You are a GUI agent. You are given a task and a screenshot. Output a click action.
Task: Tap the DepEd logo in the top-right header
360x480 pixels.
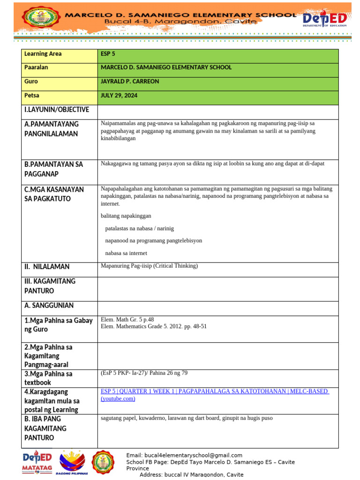[x=324, y=20]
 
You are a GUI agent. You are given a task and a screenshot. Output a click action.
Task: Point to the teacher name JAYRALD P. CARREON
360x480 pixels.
[x=130, y=82]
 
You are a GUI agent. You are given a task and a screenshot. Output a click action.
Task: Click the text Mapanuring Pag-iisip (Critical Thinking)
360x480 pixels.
[x=149, y=266]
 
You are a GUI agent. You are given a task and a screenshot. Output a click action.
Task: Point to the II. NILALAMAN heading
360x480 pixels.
[x=47, y=267]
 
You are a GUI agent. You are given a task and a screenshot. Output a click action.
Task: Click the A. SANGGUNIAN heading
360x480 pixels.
[x=49, y=306]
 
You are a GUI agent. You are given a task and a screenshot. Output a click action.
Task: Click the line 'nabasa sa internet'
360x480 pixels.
[x=126, y=253]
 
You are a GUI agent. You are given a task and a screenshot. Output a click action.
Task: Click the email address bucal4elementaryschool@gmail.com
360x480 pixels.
[x=184, y=455]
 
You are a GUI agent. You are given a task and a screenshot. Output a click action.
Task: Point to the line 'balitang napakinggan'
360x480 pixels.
[x=126, y=216]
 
